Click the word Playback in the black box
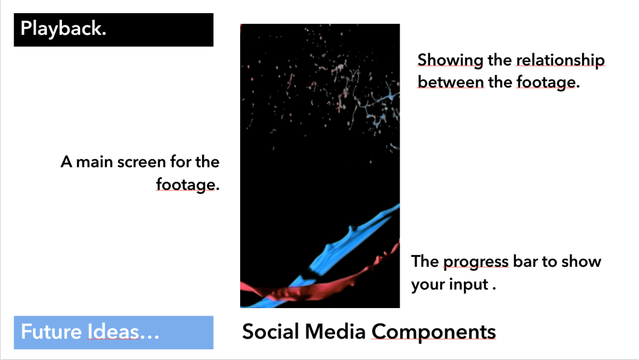pos(63,29)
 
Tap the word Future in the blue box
pos(51,331)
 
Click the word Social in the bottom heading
pos(271,331)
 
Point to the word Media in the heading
pos(335,331)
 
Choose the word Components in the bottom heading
pos(434,332)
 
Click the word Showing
pos(450,60)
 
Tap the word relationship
pos(560,60)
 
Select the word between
pos(450,82)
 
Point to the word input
pos(468,284)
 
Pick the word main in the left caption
pos(94,162)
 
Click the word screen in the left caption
pos(141,162)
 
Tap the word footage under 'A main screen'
pos(186,185)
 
